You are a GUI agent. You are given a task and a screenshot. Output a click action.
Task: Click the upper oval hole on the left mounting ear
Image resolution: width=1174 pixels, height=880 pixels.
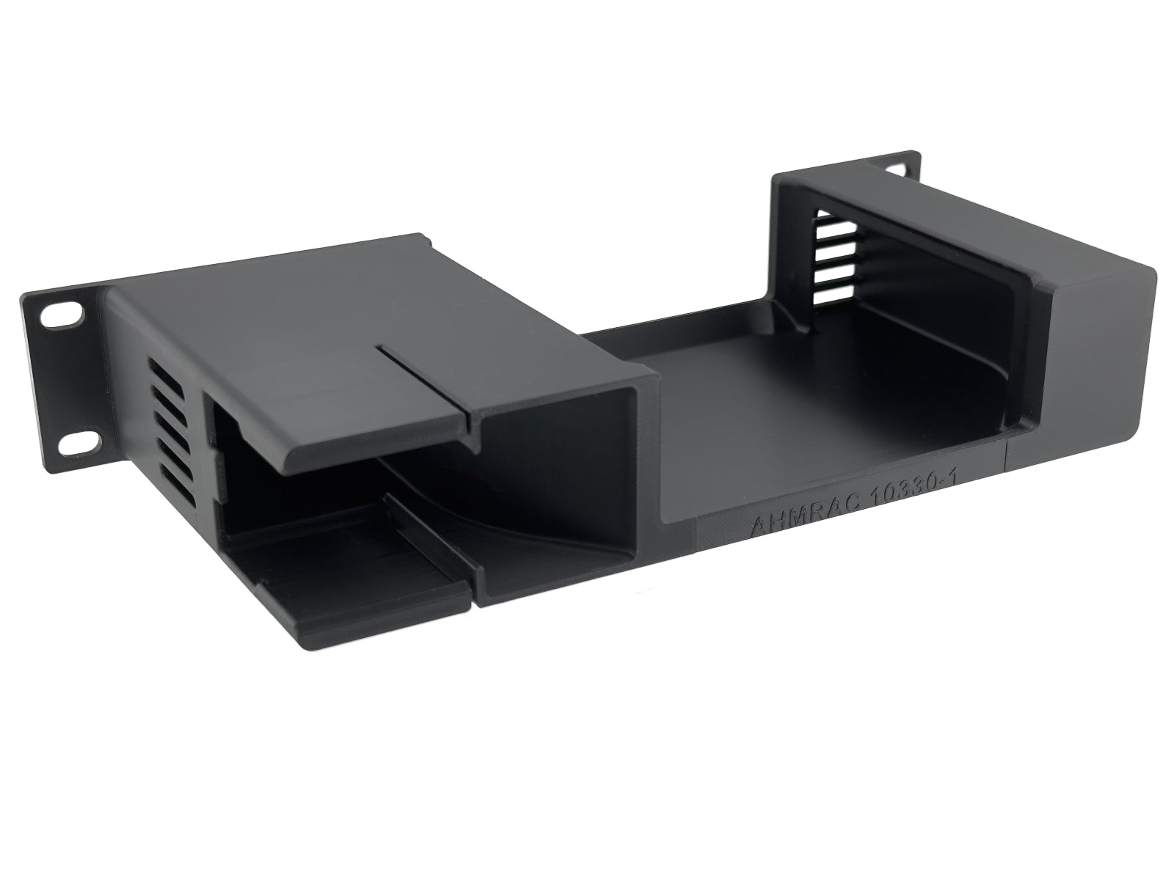pyautogui.click(x=60, y=318)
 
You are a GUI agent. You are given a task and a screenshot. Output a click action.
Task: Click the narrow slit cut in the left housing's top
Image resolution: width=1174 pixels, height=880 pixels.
pyautogui.click(x=426, y=381)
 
